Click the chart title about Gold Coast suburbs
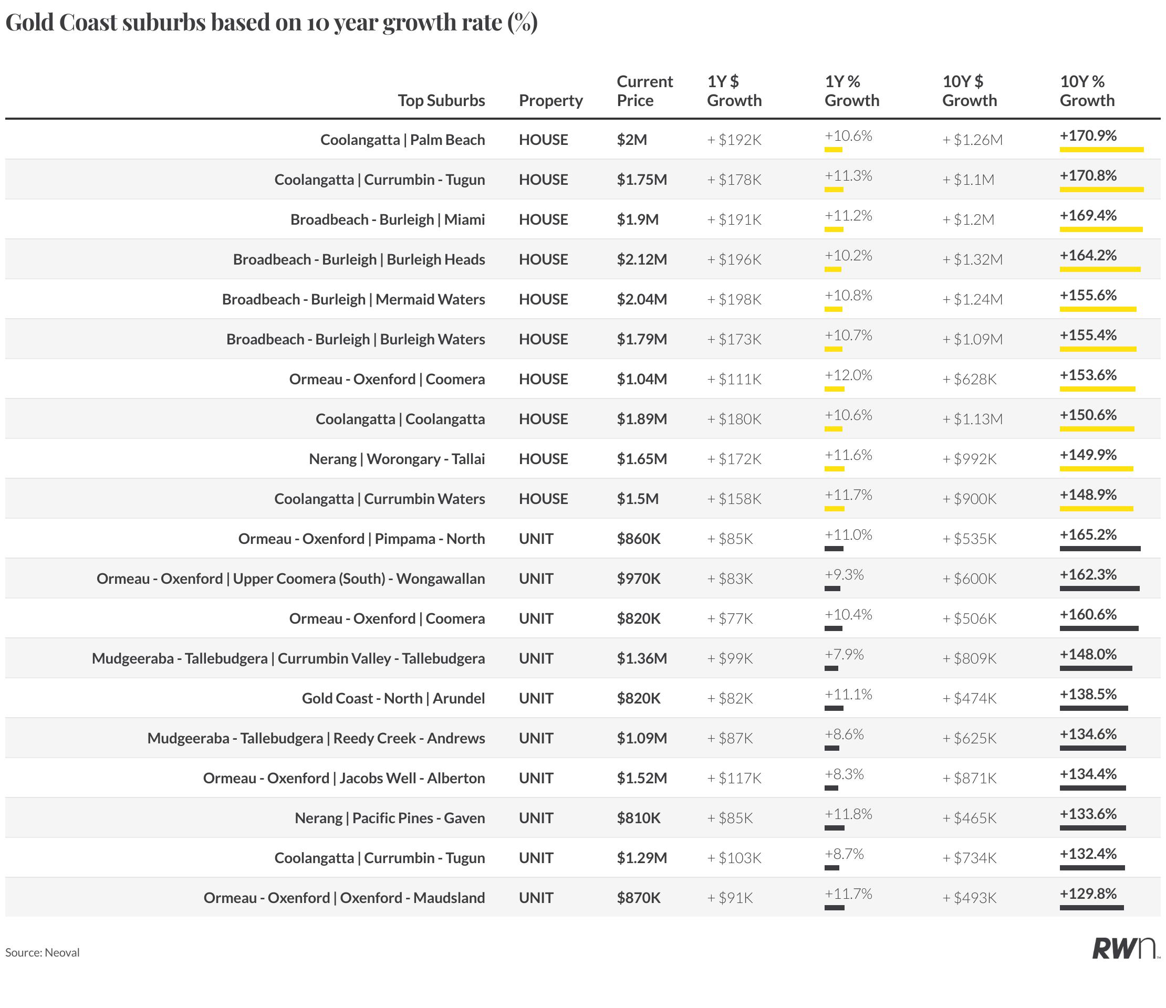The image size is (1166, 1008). click(x=271, y=23)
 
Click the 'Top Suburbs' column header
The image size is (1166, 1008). click(x=441, y=100)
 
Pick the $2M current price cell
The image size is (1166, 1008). click(x=631, y=140)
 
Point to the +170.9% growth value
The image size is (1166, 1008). click(x=1088, y=135)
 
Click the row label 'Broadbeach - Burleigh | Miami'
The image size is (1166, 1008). click(x=387, y=219)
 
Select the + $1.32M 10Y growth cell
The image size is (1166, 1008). click(x=972, y=259)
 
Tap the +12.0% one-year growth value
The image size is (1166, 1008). click(x=848, y=375)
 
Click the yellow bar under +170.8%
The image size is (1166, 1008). click(x=1101, y=190)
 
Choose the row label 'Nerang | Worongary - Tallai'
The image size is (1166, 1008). click(x=397, y=459)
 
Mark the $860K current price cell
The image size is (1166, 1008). click(x=638, y=539)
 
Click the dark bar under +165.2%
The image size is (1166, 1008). click(x=1100, y=549)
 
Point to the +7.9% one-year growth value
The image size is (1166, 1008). click(x=844, y=655)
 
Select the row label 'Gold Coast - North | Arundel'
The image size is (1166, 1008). click(x=393, y=699)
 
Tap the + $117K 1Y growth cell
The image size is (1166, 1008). click(x=734, y=779)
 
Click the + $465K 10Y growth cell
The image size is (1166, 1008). click(x=969, y=818)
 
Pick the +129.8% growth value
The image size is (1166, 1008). click(x=1088, y=894)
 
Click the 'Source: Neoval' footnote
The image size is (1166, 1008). click(x=42, y=952)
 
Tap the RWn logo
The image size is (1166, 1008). click(x=1125, y=948)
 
